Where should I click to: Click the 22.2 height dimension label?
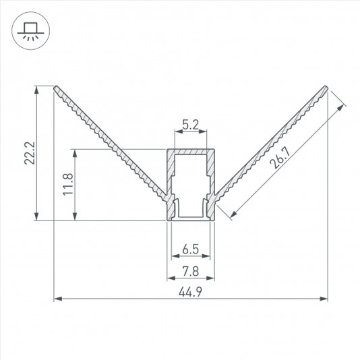pyautogui.click(x=30, y=153)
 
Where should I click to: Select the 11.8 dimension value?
pyautogui.click(x=68, y=184)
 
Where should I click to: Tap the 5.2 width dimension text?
pyautogui.click(x=191, y=125)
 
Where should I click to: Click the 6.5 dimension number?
pyautogui.click(x=191, y=249)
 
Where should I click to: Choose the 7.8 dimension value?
pyautogui.click(x=191, y=272)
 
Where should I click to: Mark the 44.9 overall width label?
pyautogui.click(x=190, y=293)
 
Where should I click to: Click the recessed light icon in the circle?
pyautogui.click(x=30, y=31)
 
